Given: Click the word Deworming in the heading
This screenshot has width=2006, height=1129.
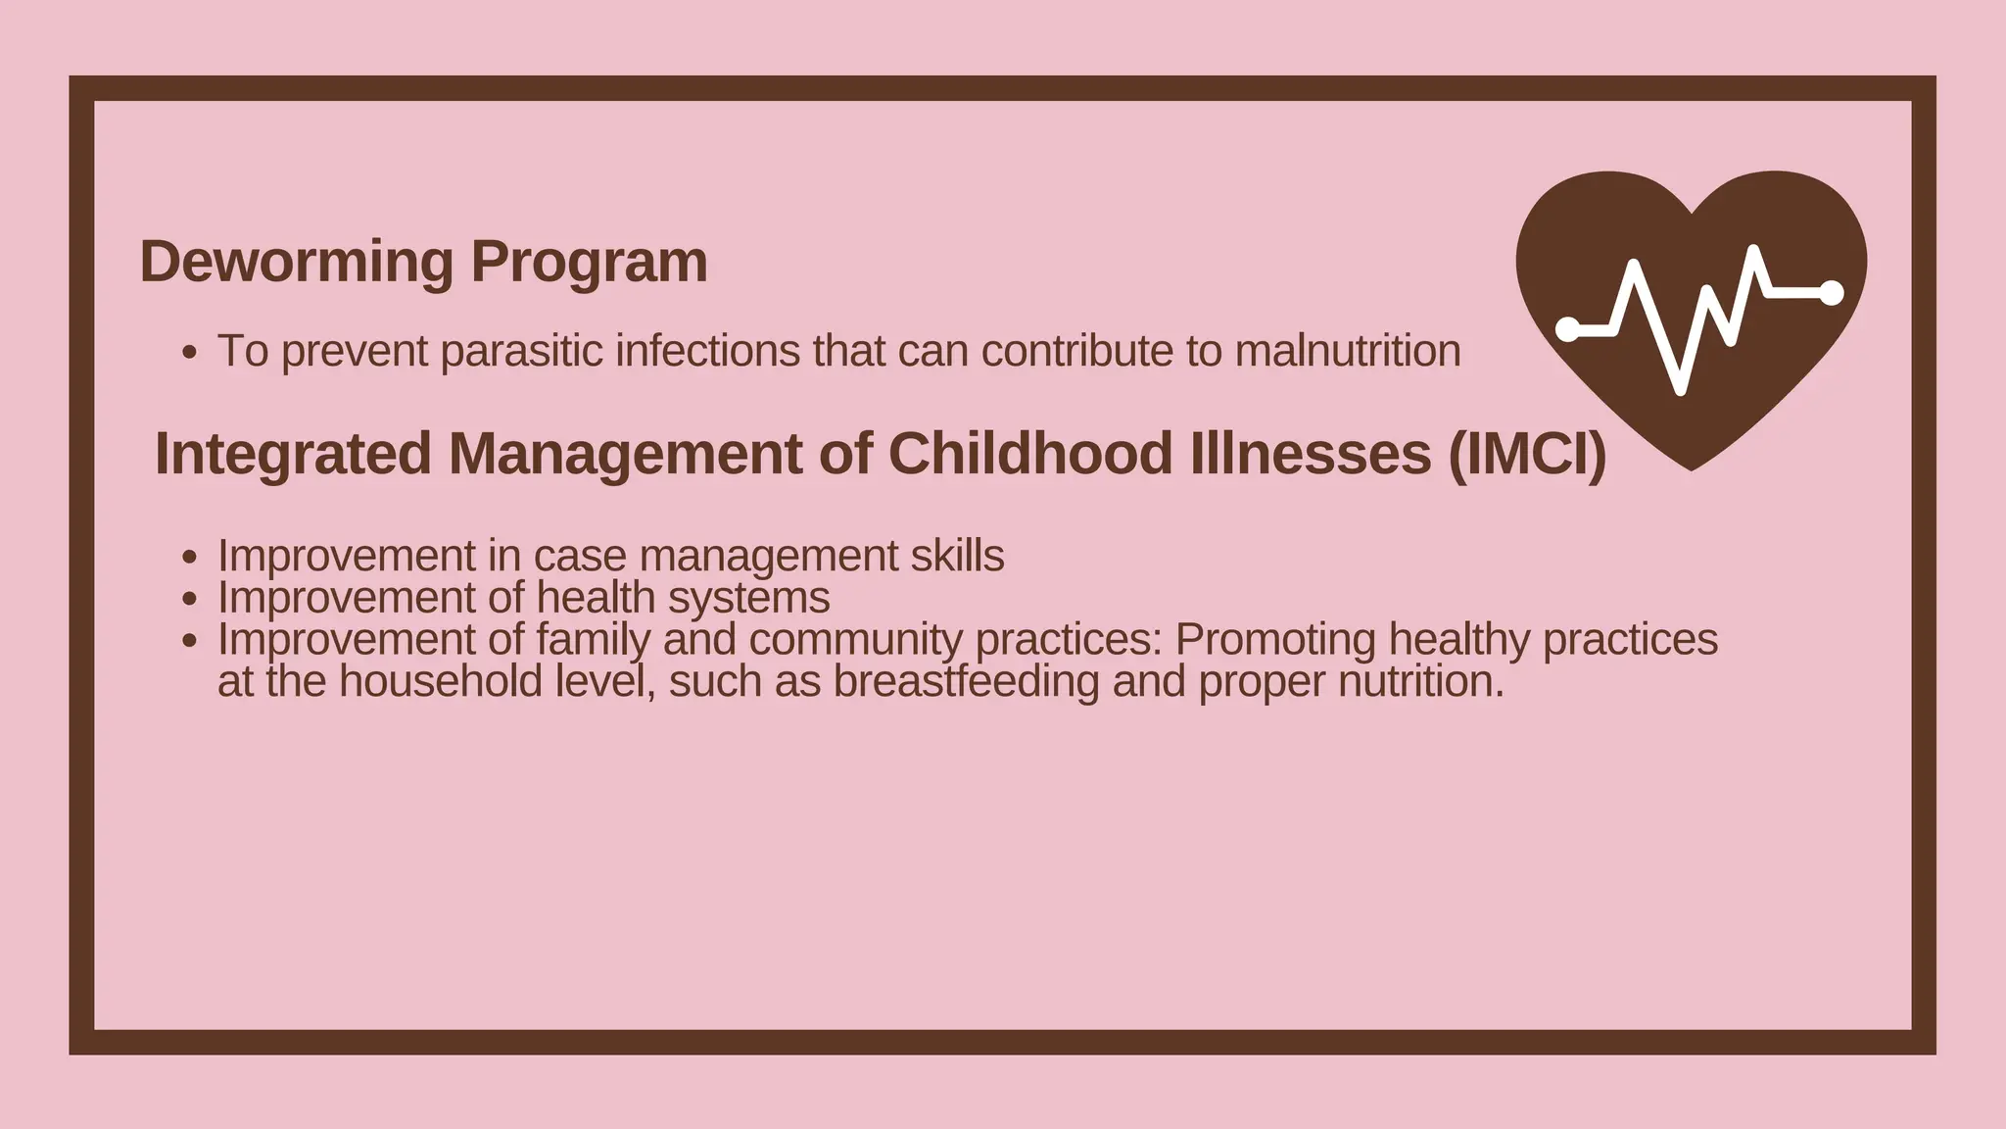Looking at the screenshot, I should [x=297, y=263].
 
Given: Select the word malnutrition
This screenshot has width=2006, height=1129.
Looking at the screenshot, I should [x=1347, y=352].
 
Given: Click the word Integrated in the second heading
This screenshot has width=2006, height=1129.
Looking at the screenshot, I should [x=293, y=454].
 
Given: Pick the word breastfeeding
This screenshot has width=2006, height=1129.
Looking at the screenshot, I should [x=966, y=682].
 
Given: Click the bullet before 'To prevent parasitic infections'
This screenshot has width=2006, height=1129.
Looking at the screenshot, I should [x=190, y=352].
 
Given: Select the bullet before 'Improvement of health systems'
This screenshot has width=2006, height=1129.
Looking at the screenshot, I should [x=190, y=599].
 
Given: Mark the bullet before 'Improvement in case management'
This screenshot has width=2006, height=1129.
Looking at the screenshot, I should [x=190, y=557].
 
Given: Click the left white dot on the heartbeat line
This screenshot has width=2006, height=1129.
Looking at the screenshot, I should [x=1568, y=329].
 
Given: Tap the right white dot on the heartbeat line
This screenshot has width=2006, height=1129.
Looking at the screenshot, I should [x=1831, y=292].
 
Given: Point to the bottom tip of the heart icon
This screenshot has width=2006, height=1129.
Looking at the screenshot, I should [x=1692, y=468].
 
